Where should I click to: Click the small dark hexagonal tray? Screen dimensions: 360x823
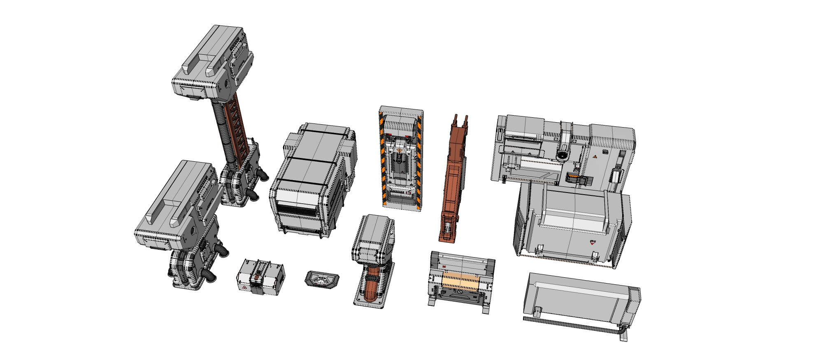(322, 281)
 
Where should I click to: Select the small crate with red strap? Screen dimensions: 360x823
(260, 277)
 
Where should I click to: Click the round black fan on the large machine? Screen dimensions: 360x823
(562, 155)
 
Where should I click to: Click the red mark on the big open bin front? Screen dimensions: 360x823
(592, 242)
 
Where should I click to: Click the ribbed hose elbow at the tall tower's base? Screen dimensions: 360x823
(262, 175)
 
